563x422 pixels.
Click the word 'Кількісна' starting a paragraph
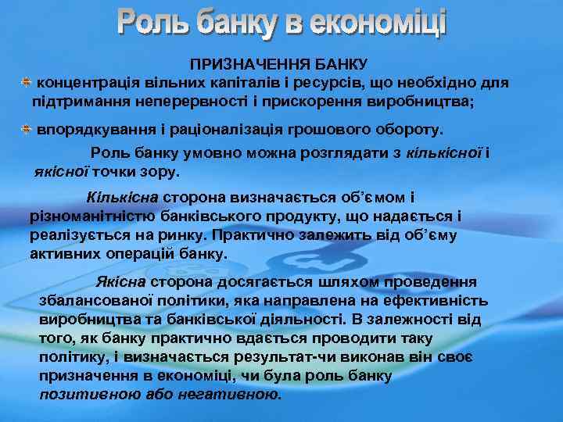click(x=124, y=198)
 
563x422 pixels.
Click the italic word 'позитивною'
click(x=90, y=394)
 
